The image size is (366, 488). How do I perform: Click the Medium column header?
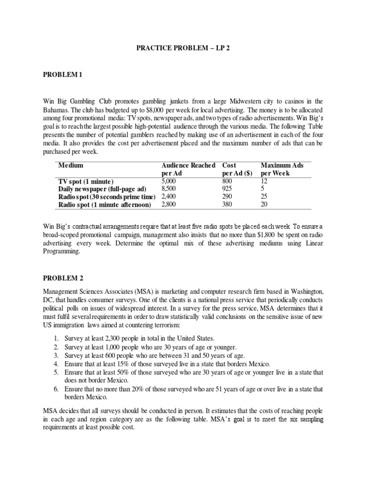click(71, 165)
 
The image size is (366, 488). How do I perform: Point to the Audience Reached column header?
click(189, 165)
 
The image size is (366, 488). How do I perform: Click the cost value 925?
click(228, 189)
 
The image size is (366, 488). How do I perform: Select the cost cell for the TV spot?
click(228, 182)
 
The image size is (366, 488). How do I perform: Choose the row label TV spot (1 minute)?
click(86, 182)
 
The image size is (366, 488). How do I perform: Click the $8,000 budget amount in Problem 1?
click(152, 110)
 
